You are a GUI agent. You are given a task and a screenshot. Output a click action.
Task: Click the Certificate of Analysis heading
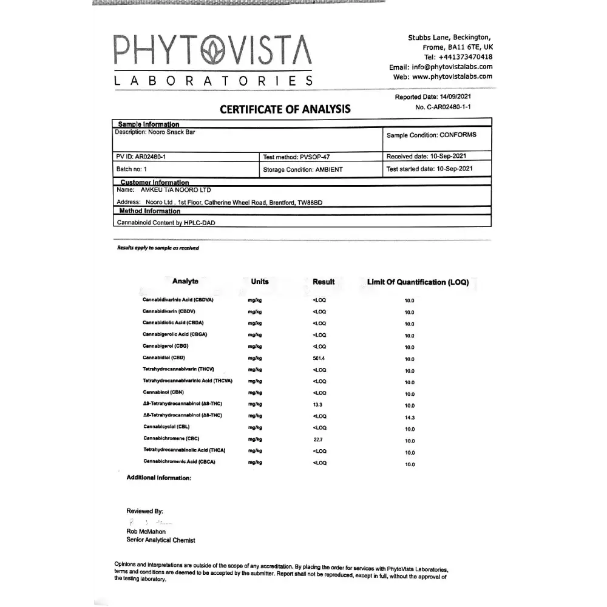coord(285,109)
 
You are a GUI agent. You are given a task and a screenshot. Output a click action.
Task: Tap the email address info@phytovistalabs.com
coord(452,67)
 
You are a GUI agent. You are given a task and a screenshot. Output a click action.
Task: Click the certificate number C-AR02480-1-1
coord(452,107)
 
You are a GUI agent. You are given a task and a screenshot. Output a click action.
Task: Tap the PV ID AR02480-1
coord(141,157)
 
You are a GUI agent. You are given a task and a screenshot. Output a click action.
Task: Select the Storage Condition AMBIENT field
coord(303,170)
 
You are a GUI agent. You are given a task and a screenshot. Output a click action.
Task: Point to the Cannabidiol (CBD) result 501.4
coord(319,359)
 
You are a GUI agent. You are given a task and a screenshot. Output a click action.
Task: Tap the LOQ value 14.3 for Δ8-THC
coord(410,418)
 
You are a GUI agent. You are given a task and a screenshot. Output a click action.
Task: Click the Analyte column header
coord(185,282)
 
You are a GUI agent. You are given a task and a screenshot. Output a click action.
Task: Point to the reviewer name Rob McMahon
coord(146,532)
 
